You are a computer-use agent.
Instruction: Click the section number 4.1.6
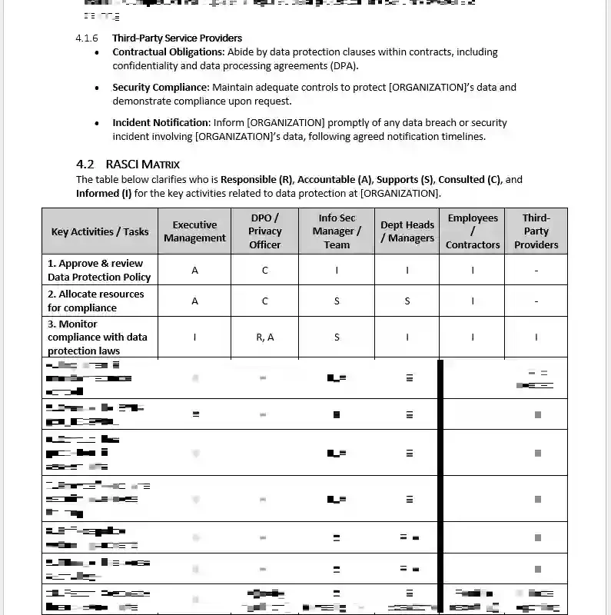(87, 38)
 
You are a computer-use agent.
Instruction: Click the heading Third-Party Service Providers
(177, 38)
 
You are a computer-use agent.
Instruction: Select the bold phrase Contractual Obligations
(168, 52)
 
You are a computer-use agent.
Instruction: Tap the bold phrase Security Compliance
(161, 88)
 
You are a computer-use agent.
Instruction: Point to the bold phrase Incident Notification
(161, 123)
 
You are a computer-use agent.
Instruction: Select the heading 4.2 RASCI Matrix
(128, 164)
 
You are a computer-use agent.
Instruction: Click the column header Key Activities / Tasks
(100, 231)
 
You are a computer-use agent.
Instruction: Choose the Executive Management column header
(194, 231)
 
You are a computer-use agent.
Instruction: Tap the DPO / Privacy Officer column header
(264, 231)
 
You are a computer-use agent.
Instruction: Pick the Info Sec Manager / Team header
(337, 231)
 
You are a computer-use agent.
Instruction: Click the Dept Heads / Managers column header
(407, 231)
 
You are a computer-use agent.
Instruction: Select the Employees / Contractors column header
(473, 231)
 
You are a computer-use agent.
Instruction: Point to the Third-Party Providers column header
(536, 231)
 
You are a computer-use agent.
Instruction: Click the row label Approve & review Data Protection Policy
(99, 270)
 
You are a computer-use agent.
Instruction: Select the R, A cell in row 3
(264, 337)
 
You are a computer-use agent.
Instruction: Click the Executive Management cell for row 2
(194, 301)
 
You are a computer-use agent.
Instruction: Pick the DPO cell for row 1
(264, 270)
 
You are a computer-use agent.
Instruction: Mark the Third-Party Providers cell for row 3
(536, 337)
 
